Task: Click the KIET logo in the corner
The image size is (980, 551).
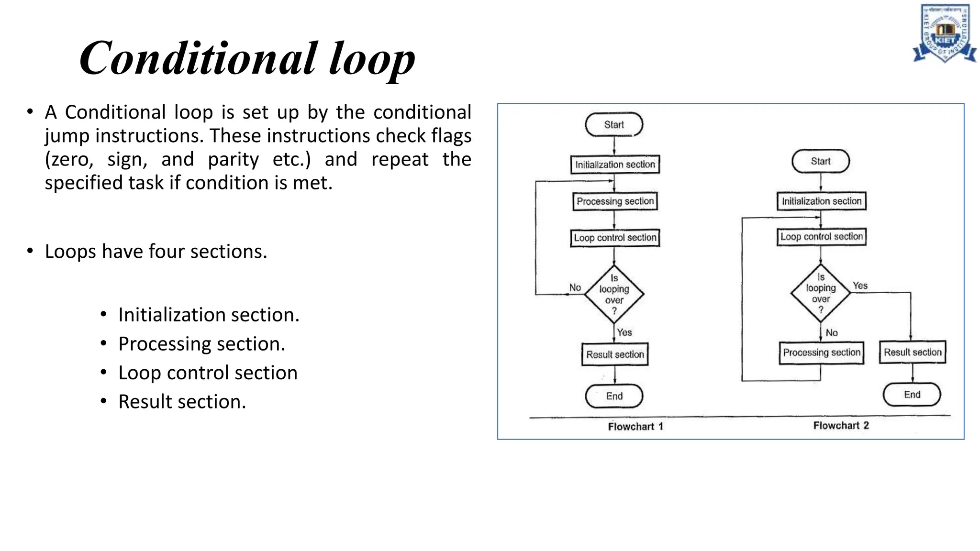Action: pos(944,33)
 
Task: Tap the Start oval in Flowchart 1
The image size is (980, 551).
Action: pos(614,125)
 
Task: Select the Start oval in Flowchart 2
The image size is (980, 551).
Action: pos(821,162)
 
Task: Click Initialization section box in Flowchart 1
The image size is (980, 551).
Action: pos(615,165)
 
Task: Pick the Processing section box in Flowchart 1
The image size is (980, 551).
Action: pos(615,201)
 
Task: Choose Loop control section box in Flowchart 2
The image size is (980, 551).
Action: pos(821,237)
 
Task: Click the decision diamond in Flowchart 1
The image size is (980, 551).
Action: pos(614,294)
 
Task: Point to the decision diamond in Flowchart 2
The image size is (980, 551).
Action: pos(821,293)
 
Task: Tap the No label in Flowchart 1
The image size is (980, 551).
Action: pos(575,287)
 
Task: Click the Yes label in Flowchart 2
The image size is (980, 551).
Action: pos(860,286)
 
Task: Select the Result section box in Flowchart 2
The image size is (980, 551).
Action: pos(912,353)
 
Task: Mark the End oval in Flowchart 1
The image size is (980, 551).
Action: pos(614,396)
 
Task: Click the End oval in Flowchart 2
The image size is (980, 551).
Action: pos(912,395)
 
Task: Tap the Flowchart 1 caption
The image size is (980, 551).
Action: pos(635,427)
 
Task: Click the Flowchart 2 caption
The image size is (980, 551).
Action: pos(841,426)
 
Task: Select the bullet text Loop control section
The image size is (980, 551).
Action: pos(208,373)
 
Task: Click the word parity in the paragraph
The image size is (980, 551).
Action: pos(233,159)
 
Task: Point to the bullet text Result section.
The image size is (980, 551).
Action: pos(182,402)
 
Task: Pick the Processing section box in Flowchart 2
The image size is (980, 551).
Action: pos(821,353)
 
